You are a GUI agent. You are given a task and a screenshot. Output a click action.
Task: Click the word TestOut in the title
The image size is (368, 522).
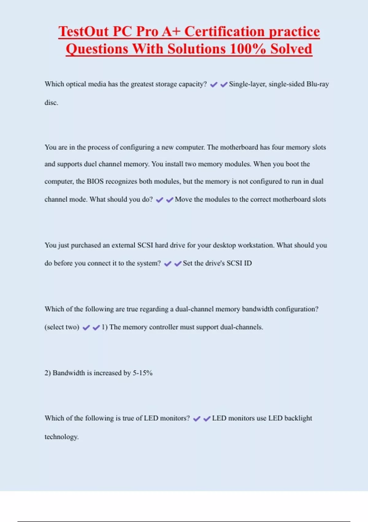[x=84, y=32]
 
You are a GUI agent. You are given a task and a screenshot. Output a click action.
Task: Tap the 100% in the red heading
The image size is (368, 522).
[x=247, y=49]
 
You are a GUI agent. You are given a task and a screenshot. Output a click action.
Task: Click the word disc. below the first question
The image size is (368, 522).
[x=51, y=103]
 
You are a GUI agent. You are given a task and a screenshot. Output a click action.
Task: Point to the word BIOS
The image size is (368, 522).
[x=95, y=181]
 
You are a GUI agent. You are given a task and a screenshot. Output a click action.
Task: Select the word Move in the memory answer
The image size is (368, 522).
[x=183, y=200]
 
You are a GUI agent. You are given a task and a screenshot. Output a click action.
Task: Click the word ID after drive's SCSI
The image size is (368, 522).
[x=248, y=263]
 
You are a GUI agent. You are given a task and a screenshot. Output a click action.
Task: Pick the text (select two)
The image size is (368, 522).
[x=62, y=327]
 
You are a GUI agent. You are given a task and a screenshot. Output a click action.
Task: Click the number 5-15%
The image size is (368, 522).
[x=143, y=373]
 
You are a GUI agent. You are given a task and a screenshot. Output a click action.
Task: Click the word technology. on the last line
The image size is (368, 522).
[x=62, y=437]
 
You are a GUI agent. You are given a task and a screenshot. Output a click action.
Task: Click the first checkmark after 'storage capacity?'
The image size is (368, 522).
[x=213, y=84]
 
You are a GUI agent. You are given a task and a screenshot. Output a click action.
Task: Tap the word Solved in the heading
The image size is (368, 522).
[x=291, y=49]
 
